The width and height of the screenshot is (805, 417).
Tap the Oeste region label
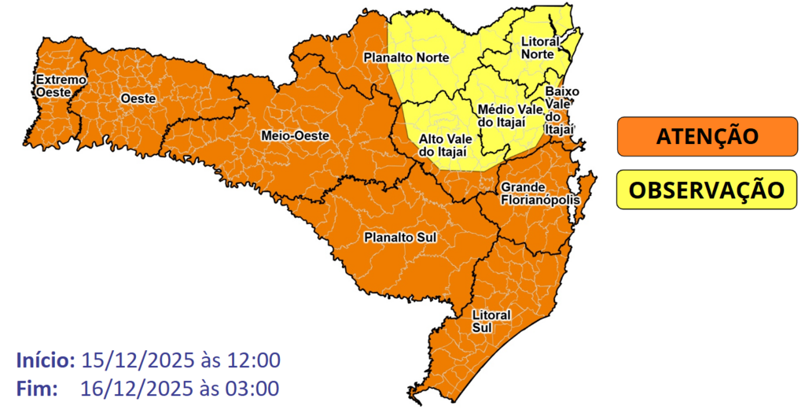coord(139,98)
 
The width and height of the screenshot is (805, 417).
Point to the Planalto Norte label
coord(405,57)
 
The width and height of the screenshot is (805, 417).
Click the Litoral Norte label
coord(540,47)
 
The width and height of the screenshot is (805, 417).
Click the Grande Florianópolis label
coord(539,194)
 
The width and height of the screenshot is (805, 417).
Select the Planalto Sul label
coord(399,237)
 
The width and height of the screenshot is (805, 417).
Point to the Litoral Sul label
coord(491,321)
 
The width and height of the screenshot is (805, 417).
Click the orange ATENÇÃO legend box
coord(707,136)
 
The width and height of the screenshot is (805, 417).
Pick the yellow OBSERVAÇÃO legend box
coord(707,190)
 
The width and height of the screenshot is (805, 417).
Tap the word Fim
coord(35,388)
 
